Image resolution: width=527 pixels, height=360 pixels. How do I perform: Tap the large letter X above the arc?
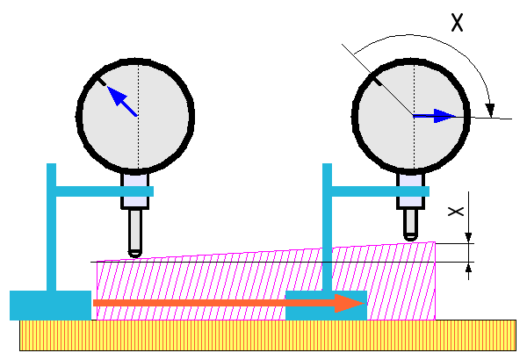[458, 23]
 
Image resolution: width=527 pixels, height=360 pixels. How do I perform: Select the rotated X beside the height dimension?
[455, 212]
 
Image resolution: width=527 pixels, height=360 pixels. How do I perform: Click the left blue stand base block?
[49, 305]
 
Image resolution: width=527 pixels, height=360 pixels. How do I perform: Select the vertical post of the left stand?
[52, 228]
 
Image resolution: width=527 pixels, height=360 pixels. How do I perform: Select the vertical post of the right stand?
[328, 228]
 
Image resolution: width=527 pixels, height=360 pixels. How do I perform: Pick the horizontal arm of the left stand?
[101, 191]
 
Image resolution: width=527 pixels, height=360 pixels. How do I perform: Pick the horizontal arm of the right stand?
[378, 191]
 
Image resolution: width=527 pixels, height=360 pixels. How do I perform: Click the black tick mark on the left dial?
[103, 83]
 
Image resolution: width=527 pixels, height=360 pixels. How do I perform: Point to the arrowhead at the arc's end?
[489, 107]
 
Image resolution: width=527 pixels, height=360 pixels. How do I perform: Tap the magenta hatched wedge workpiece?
[263, 285]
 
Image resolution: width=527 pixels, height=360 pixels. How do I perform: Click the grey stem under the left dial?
[134, 191]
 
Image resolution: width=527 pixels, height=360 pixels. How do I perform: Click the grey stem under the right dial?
[410, 191]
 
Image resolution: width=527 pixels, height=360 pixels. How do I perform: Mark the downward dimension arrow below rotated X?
[469, 235]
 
